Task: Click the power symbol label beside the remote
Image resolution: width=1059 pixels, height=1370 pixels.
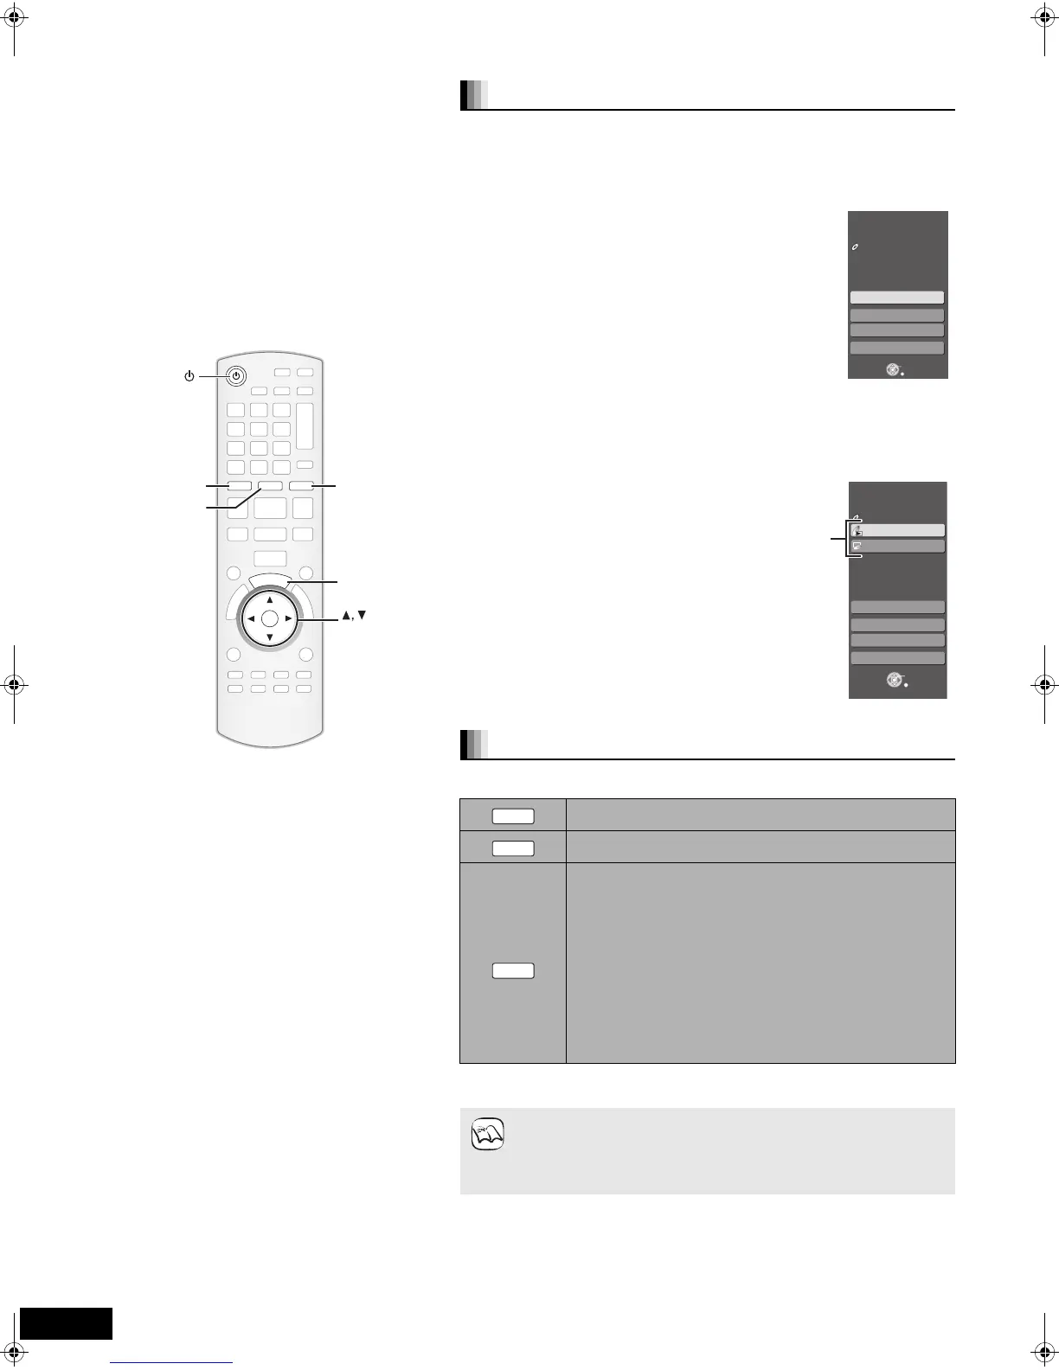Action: click(x=189, y=376)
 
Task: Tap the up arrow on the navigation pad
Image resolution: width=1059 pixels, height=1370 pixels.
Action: click(x=270, y=599)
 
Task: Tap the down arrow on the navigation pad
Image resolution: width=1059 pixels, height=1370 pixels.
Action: click(x=270, y=638)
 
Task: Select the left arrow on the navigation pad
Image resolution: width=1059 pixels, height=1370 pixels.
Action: click(x=250, y=619)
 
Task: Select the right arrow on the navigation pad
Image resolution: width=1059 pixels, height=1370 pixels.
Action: click(x=289, y=619)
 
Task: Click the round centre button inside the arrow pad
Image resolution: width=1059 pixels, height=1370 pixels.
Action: click(x=270, y=619)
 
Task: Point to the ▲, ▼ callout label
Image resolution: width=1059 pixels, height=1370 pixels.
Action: click(x=355, y=616)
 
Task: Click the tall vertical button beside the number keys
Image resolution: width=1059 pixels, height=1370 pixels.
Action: click(x=304, y=426)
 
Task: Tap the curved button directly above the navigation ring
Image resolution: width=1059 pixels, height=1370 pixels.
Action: click(x=270, y=581)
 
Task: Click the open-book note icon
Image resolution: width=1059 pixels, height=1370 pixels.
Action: click(x=488, y=1134)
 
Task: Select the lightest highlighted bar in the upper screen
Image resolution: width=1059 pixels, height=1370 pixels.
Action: click(x=896, y=298)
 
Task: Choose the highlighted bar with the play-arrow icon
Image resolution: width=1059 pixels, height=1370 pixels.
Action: click(x=897, y=530)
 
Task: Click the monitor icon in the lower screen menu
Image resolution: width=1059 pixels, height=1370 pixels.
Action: click(x=856, y=547)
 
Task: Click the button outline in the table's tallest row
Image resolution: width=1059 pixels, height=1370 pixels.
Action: click(x=513, y=970)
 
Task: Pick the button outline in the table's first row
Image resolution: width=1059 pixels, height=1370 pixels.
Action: click(x=513, y=815)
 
